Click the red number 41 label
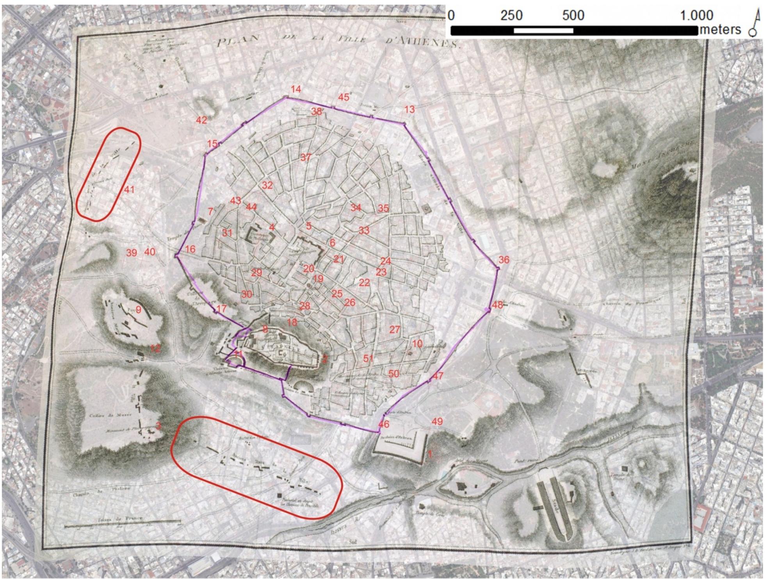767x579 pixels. coord(129,190)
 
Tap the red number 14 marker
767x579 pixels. coord(295,89)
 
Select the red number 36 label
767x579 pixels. coord(504,260)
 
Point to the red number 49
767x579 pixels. coord(437,421)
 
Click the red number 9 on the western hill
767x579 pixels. coord(138,310)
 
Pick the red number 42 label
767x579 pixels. coord(201,120)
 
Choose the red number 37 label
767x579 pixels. coord(306,158)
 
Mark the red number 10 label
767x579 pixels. coord(417,344)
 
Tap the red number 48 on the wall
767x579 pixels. coord(497,305)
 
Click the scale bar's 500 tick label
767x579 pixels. coord(573,16)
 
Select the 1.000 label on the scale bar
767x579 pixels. coord(697,16)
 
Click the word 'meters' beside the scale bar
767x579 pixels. coord(720,30)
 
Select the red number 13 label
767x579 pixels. coord(409,109)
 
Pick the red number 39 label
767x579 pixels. coord(132,253)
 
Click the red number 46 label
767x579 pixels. coord(384,424)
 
